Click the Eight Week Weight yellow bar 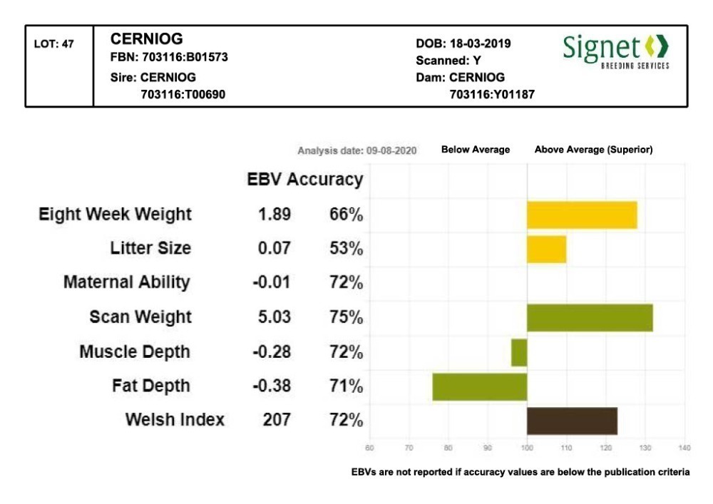(582, 215)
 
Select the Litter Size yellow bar (546, 249)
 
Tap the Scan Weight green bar (590, 317)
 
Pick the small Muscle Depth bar (519, 352)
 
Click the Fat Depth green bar (479, 386)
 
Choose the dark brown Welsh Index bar (572, 421)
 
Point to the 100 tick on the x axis (527, 448)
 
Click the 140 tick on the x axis (684, 448)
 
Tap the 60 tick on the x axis (369, 448)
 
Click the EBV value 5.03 (275, 317)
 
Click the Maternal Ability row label (127, 282)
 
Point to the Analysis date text (356, 150)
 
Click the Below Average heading (476, 150)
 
